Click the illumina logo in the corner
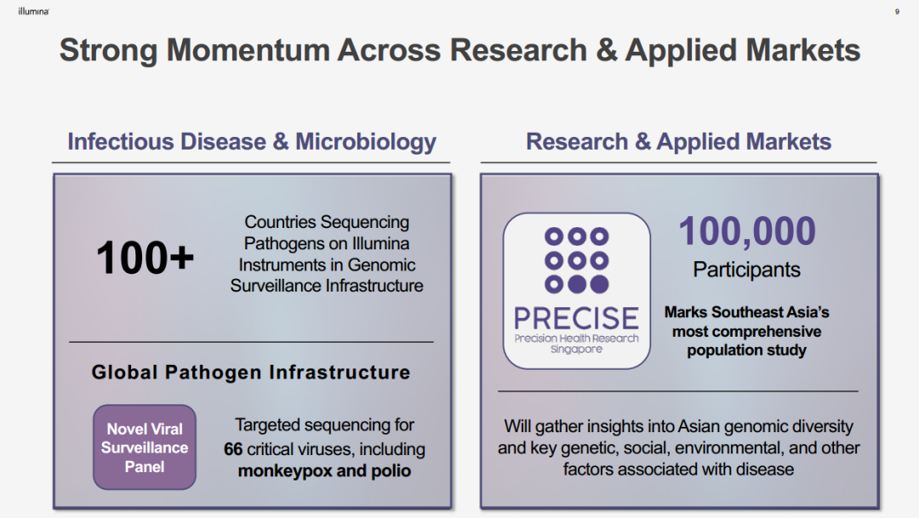point(33,11)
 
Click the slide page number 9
point(897,12)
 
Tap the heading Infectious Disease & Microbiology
point(251,142)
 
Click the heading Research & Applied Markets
point(679,142)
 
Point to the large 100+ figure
point(145,258)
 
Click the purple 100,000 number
point(747,231)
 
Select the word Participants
point(747,270)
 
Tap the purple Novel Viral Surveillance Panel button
point(144,447)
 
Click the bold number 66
point(232,449)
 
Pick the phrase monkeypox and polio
point(324,471)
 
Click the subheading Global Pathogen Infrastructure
point(251,373)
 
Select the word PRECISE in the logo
point(576,319)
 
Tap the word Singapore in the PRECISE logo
point(576,350)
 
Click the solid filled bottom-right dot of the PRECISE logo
point(599,284)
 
